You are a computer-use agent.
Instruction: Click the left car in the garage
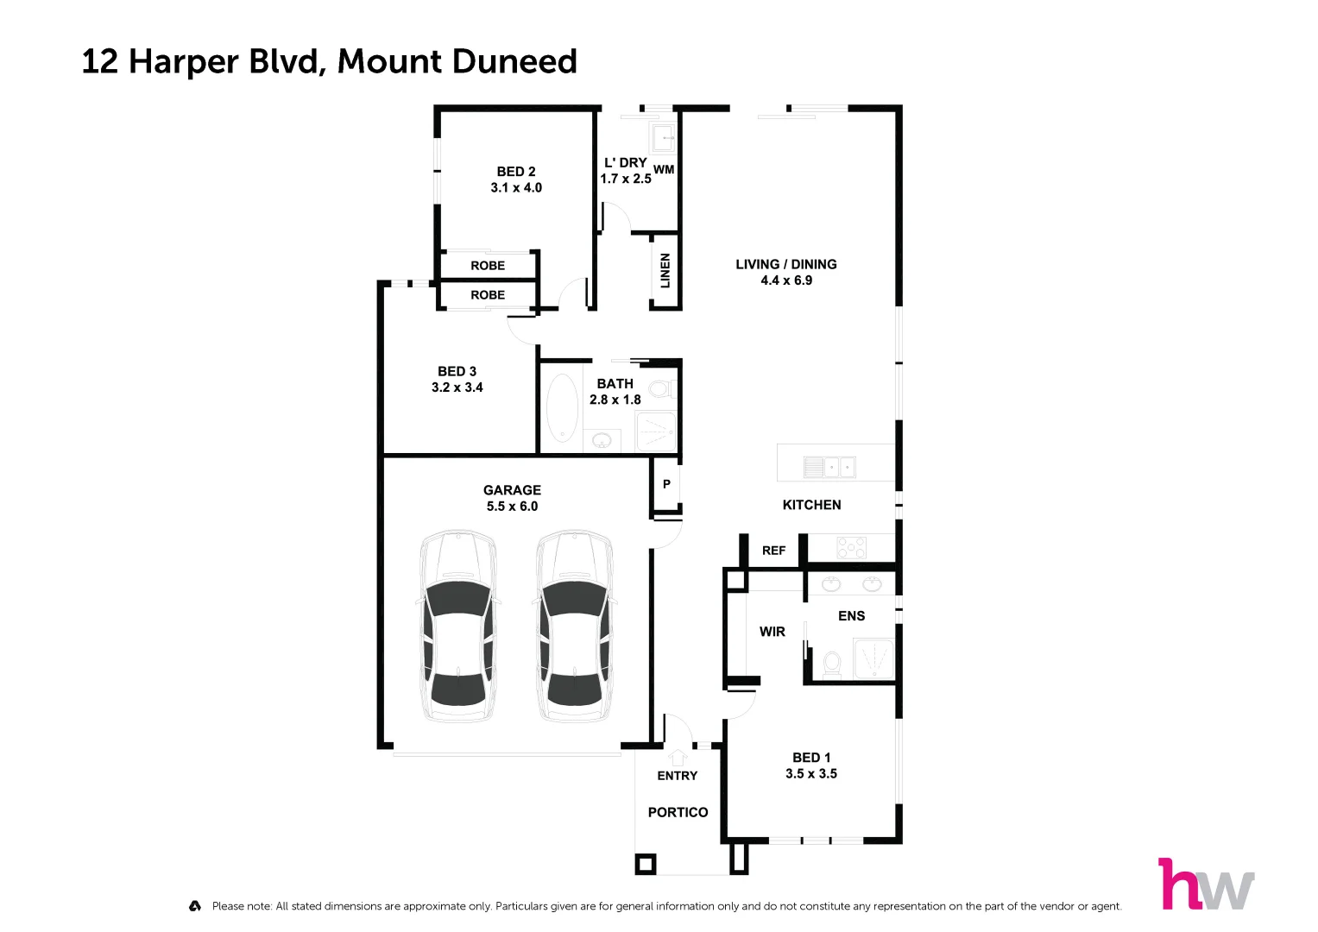(x=457, y=627)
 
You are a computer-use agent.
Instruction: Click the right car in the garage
(x=574, y=627)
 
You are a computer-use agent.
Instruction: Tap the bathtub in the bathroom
(x=562, y=407)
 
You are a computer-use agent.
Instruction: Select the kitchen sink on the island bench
(x=829, y=467)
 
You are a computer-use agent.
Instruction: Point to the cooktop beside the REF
(x=851, y=547)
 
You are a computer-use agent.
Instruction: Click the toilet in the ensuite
(x=832, y=663)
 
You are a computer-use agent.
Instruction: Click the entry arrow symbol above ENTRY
(x=677, y=756)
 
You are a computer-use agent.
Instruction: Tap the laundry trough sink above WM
(x=663, y=136)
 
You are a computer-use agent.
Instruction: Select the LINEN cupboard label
(x=665, y=271)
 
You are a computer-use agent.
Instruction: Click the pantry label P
(x=666, y=484)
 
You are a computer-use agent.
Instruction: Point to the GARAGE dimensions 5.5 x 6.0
(x=512, y=507)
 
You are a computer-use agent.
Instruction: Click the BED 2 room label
(x=516, y=172)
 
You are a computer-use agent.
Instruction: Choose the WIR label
(x=772, y=632)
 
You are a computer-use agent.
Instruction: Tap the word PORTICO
(x=678, y=812)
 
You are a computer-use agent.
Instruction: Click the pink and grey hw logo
(x=1206, y=885)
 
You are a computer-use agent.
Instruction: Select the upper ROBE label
(x=488, y=266)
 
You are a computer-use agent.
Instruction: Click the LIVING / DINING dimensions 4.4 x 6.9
(x=786, y=280)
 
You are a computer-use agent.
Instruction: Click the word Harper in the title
(x=184, y=62)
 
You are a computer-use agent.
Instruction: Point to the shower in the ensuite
(x=873, y=658)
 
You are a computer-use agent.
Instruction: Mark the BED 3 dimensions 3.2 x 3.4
(x=457, y=387)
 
